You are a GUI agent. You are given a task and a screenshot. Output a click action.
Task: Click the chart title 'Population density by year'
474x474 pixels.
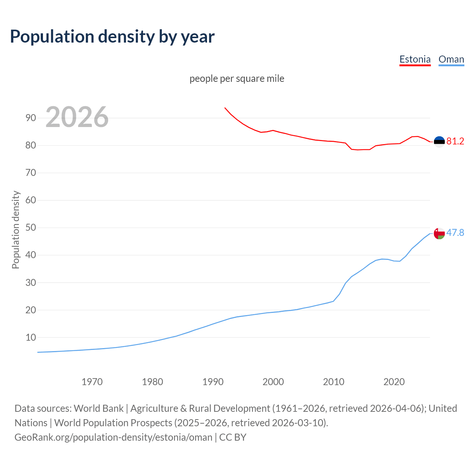pos(112,36)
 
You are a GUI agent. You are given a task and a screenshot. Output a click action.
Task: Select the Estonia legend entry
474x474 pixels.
pos(415,59)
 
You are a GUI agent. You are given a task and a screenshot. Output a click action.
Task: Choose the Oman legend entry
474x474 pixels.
pos(451,59)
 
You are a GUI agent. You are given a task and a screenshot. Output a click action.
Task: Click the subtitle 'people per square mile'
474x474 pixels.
pos(237,79)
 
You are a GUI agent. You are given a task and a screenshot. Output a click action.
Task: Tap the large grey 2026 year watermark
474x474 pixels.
pos(77,117)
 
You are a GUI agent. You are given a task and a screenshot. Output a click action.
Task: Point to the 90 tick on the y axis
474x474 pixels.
pos(31,118)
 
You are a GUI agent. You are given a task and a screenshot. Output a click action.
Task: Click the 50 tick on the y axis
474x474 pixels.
pos(31,227)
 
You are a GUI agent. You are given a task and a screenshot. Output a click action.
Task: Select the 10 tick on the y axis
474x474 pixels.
pos(31,337)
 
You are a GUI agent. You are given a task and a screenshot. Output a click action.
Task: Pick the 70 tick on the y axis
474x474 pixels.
pos(31,173)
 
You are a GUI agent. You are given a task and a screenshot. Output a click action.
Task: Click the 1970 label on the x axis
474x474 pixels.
pos(92,382)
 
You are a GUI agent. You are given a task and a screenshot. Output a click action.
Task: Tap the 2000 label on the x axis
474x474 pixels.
pos(273,382)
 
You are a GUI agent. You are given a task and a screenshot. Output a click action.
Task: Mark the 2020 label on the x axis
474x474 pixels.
pos(394,382)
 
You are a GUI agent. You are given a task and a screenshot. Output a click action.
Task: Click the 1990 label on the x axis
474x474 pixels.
pos(213,382)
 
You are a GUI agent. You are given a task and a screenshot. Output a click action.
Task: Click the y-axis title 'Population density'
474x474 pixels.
pos(16,230)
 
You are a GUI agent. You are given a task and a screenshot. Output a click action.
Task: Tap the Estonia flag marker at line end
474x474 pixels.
pos(439,141)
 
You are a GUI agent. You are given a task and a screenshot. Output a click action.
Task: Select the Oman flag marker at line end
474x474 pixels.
pos(439,233)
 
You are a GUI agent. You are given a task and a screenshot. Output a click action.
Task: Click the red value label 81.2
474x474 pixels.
pos(455,141)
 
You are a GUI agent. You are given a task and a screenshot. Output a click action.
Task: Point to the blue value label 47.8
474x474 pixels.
pos(455,233)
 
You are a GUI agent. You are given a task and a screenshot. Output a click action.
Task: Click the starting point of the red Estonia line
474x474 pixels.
pos(225,108)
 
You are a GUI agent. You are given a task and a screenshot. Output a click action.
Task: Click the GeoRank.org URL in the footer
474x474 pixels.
pos(113,437)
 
